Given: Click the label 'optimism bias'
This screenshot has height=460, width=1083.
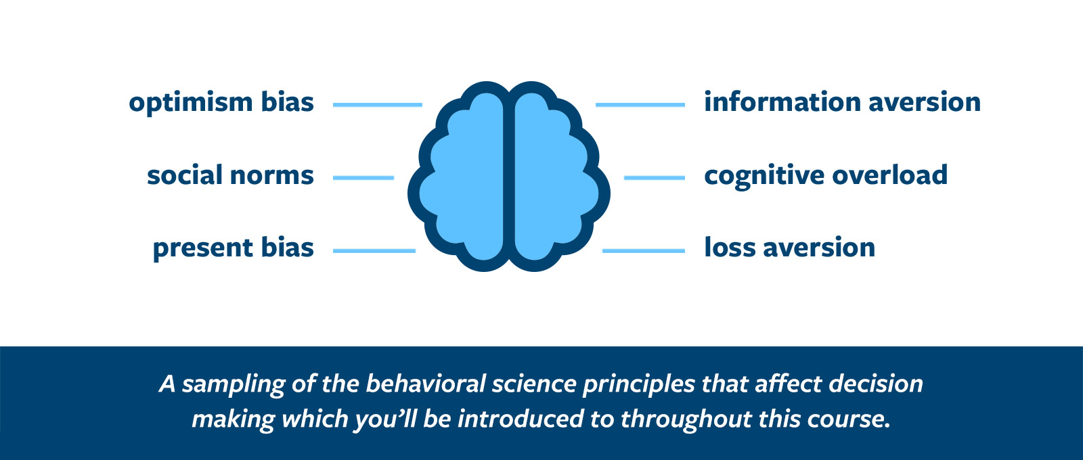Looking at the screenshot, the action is pos(221,103).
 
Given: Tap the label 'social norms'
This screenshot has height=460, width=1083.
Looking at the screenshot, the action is pos(231,175).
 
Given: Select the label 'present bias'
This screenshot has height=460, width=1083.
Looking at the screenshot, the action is pos(234,248).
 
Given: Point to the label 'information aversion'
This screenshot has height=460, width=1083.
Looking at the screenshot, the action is pos(842,101).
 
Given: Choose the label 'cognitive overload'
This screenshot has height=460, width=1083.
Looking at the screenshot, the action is pos(826,175).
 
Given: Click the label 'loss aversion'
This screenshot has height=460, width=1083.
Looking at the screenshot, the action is pos(789,248).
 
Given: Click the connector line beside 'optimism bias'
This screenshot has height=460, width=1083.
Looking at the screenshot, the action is pos(378,105).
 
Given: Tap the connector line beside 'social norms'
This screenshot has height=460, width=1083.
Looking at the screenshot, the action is pos(363,178).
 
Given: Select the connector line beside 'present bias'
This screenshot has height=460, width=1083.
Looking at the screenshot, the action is pos(374,251).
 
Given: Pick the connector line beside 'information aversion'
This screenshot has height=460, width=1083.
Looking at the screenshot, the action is pos(640,105).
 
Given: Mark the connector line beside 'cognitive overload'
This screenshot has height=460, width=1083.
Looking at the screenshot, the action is pos(655,178).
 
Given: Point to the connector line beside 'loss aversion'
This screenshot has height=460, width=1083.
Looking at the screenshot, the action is pos(644,251).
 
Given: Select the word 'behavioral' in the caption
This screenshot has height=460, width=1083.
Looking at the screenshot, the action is pos(426,384).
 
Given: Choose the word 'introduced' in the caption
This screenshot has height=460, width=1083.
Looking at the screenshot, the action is pos(521,419).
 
